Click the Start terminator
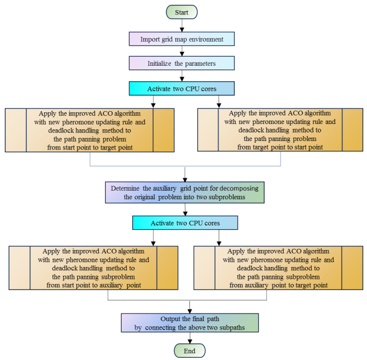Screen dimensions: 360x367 pos(182,12)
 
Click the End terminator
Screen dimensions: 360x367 pos(189,350)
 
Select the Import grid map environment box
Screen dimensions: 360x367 pos(182,39)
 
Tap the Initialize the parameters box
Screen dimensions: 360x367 pos(182,63)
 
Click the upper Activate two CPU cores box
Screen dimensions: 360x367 pos(182,88)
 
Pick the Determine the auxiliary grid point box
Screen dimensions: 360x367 pos(185,193)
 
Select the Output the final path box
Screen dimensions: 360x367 pos(189,323)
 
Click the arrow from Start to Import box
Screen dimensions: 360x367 pos(182,25)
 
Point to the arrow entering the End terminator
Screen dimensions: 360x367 pos(189,339)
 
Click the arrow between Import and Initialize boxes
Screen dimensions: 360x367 pos(182,51)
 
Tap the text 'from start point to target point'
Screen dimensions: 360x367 pos(89,147)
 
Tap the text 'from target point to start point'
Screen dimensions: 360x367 pos(280,147)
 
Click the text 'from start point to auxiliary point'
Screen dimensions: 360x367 pos(93,285)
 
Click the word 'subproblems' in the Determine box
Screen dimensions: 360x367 pos(227,197)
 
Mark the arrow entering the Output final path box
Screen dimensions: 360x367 pos(189,307)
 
